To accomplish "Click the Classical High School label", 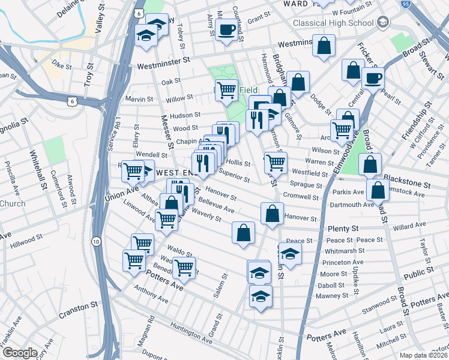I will pyautogui.click(x=334, y=23).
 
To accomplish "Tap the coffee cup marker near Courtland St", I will pyautogui.click(x=226, y=29).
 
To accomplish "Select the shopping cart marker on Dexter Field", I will pyautogui.click(x=226, y=91).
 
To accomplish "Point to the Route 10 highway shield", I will pyautogui.click(x=96, y=241).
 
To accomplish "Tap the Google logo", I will pyautogui.click(x=20, y=353).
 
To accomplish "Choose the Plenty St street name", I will pyautogui.click(x=343, y=229).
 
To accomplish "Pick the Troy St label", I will pyautogui.click(x=89, y=76).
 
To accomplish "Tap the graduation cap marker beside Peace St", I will pyautogui.click(x=290, y=253).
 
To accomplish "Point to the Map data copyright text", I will pyautogui.click(x=423, y=355).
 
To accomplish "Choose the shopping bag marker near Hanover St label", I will pyautogui.click(x=272, y=214).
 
